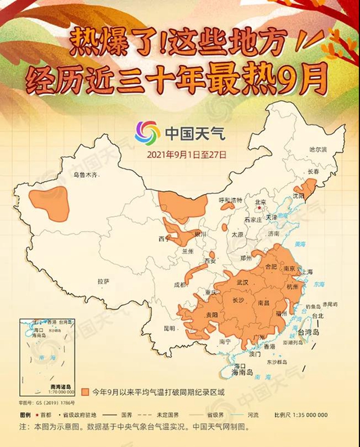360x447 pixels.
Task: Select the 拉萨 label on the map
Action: click(x=103, y=281)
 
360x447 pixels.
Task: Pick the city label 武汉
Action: click(x=242, y=281)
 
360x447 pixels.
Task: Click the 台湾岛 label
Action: click(x=308, y=333)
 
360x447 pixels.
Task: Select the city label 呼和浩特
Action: click(x=229, y=200)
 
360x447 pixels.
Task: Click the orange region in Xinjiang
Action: click(x=50, y=204)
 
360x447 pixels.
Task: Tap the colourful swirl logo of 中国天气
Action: click(x=147, y=133)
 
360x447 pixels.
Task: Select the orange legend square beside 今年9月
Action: click(x=85, y=391)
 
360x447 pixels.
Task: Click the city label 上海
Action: click(x=307, y=272)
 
